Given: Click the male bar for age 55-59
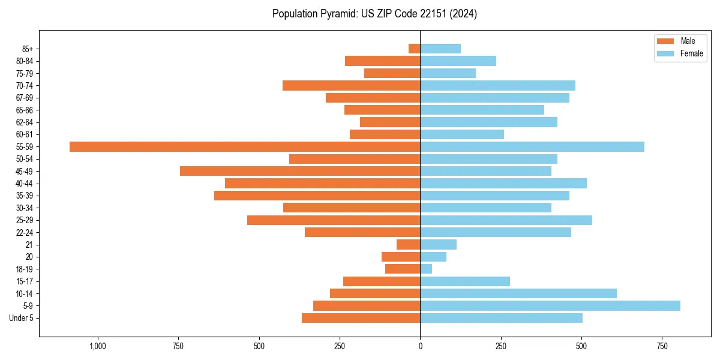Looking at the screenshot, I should (x=245, y=146).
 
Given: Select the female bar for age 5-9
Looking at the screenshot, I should (x=550, y=305).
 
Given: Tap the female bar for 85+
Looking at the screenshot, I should (x=440, y=49).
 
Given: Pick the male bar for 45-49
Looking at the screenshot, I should (x=300, y=171).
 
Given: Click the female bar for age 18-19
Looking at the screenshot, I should (x=426, y=269).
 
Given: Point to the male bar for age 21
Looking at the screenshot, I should (x=409, y=244).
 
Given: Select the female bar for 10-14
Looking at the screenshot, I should (x=518, y=293).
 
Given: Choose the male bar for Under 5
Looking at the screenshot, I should (x=361, y=318).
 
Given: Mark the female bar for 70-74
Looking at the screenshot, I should (x=497, y=85).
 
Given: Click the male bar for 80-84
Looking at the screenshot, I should (x=382, y=61).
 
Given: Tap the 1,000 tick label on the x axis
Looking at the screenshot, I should (x=98, y=346).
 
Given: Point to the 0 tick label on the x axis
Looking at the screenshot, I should (x=420, y=346).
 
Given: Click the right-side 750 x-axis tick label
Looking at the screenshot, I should (x=662, y=346).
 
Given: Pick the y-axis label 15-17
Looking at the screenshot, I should (x=25, y=281).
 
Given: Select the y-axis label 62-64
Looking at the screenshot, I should (x=25, y=122).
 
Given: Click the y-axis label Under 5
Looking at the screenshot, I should (x=22, y=318).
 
